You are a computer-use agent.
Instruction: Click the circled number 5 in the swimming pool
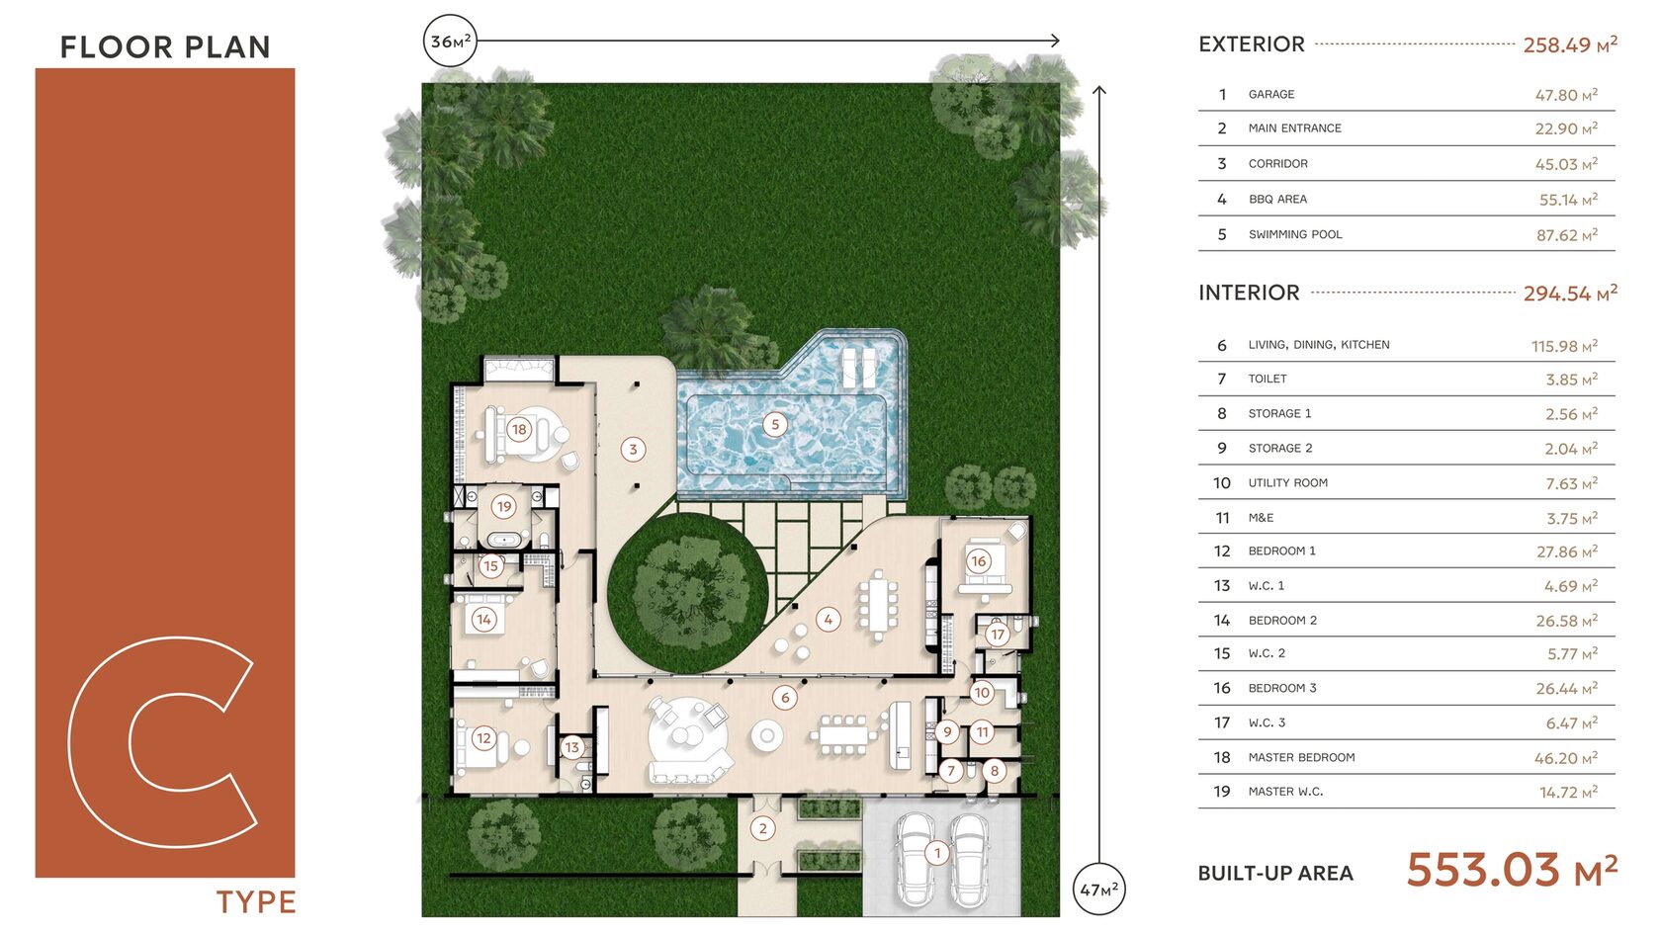pyautogui.click(x=775, y=425)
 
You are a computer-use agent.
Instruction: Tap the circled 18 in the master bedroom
pyautogui.click(x=519, y=429)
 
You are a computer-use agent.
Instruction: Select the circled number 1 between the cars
pyautogui.click(x=937, y=853)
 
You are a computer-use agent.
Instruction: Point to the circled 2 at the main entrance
pyautogui.click(x=762, y=828)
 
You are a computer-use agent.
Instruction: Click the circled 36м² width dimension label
pyautogui.click(x=450, y=41)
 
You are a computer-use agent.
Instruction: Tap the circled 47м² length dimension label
pyautogui.click(x=1099, y=889)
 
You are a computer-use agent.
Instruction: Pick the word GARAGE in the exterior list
pyautogui.click(x=1271, y=94)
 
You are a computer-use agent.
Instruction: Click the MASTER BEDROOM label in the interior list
pyautogui.click(x=1301, y=757)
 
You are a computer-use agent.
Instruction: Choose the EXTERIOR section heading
pyautogui.click(x=1252, y=44)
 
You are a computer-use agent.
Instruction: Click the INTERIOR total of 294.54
pyautogui.click(x=1570, y=294)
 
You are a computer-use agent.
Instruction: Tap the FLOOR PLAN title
pyautogui.click(x=165, y=47)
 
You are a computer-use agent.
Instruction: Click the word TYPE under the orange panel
pyautogui.click(x=256, y=902)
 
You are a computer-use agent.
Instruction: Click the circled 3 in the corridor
pyautogui.click(x=633, y=449)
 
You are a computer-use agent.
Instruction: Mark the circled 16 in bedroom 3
pyautogui.click(x=979, y=561)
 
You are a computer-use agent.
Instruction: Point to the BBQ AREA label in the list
pyautogui.click(x=1277, y=200)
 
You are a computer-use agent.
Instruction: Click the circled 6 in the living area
pyautogui.click(x=785, y=698)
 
